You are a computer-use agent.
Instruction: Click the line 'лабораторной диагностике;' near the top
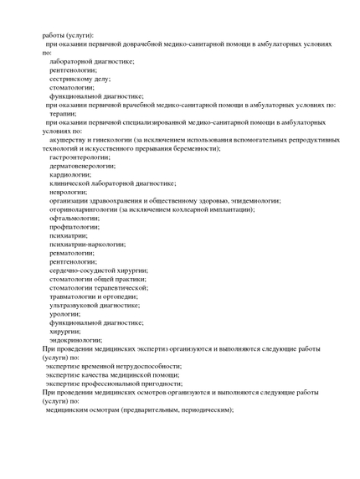(x=92, y=62)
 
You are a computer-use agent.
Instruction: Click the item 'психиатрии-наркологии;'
(x=87, y=244)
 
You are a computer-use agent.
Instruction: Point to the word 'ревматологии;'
(x=73, y=253)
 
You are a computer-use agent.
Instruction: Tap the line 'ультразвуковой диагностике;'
(x=94, y=305)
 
